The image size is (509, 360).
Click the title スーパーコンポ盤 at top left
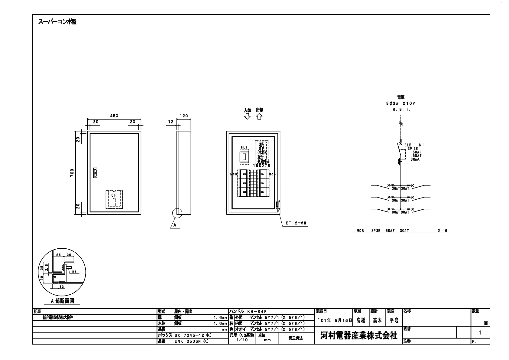pos(57,22)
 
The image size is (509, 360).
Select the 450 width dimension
pos(114,116)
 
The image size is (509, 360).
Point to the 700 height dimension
pos(72,173)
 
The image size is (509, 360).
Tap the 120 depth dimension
pos(184,116)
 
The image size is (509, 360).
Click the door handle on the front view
pos(95,173)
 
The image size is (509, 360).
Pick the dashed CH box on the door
pos(114,199)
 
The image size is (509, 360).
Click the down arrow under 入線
pos(247,117)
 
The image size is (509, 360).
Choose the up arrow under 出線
pos(259,117)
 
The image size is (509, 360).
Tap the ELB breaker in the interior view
pos(244,156)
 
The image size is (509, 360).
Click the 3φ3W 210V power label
pos(400,103)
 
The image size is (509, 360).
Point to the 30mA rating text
pos(415,159)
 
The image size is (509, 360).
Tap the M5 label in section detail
pos(74,272)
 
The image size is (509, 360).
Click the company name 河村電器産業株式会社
pos(358,335)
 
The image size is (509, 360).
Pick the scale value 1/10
pos(242,340)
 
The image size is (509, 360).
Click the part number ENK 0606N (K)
pos(191,341)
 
